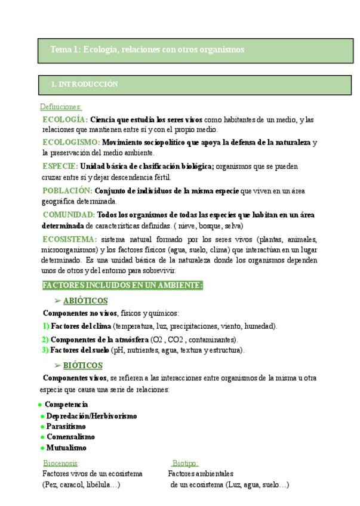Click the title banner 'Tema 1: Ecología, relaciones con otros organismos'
[x=147, y=50]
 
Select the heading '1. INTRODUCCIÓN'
[x=84, y=85]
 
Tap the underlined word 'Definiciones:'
[x=60, y=107]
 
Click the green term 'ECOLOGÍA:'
[x=65, y=119]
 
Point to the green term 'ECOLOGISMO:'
[x=71, y=143]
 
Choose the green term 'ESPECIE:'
[x=60, y=166]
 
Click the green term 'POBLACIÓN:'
[x=67, y=190]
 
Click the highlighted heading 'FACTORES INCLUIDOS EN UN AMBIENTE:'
[x=122, y=285]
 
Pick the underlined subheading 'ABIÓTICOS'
[x=85, y=301]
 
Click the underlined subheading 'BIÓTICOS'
[x=82, y=365]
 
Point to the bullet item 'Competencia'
[x=66, y=405]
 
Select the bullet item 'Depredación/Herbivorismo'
[x=91, y=416]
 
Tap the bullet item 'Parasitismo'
[x=66, y=427]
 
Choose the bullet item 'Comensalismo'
[x=70, y=437]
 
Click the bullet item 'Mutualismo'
[x=66, y=448]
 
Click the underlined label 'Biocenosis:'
[x=61, y=463]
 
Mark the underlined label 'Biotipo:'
[x=185, y=463]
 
